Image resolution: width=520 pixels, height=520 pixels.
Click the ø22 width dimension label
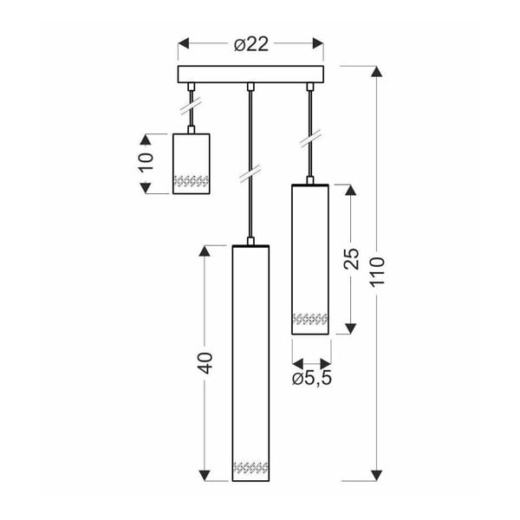click(251, 46)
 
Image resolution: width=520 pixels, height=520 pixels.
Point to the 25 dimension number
click(351, 257)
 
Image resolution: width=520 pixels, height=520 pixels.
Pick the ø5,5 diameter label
click(312, 379)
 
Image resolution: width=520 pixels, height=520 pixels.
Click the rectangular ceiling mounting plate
click(250, 75)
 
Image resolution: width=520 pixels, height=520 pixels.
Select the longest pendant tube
click(250, 364)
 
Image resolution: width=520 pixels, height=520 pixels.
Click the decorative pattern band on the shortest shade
click(192, 182)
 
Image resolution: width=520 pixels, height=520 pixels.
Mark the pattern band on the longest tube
click(250, 468)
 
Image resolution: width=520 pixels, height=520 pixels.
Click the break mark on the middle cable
click(250, 172)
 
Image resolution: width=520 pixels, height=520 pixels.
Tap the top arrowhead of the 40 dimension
click(205, 251)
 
